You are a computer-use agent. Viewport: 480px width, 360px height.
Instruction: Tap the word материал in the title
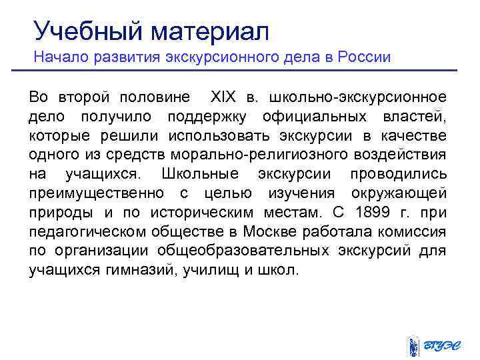coord(210,29)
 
